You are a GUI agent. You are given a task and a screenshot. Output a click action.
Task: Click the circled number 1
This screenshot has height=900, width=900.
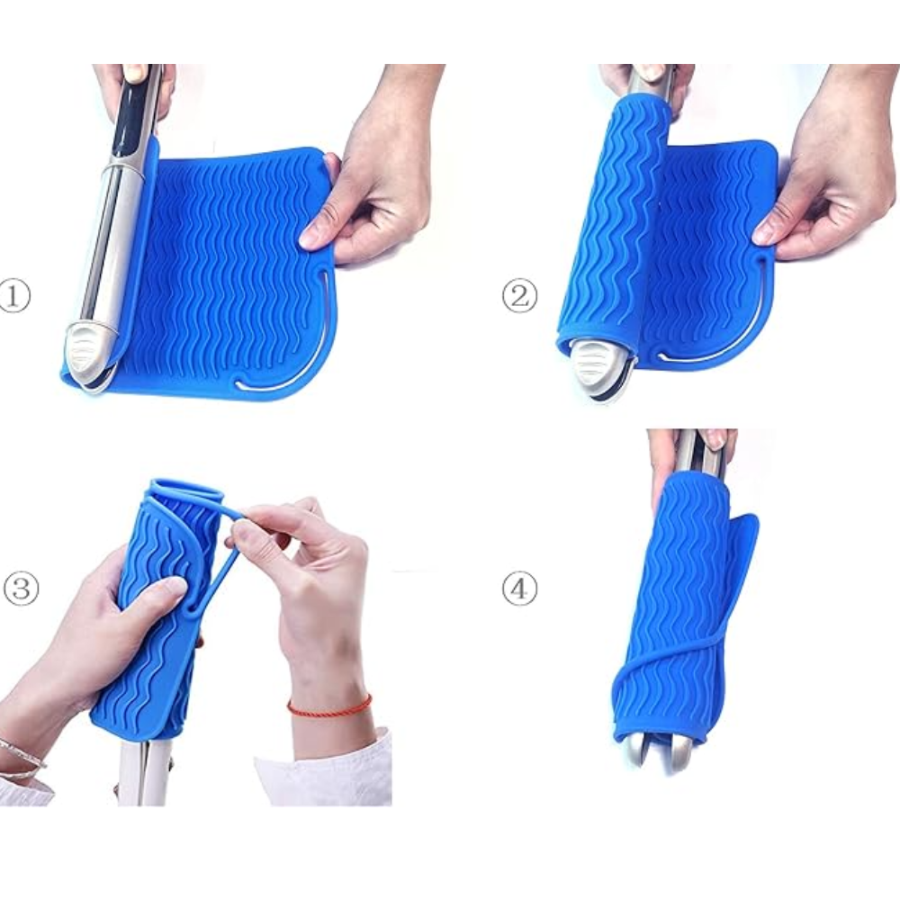click(x=13, y=296)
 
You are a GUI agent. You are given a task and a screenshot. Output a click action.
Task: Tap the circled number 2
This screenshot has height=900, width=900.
click(x=519, y=296)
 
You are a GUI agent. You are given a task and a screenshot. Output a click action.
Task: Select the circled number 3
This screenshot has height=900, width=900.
click(x=22, y=589)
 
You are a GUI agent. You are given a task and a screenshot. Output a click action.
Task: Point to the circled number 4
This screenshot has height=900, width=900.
click(x=519, y=589)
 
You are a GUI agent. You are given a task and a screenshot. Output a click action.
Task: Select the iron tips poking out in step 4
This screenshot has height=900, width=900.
click(x=666, y=751)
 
